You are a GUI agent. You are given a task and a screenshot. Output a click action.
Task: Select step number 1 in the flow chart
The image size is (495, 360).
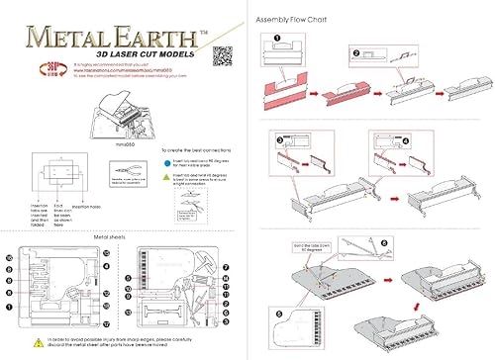(279, 43)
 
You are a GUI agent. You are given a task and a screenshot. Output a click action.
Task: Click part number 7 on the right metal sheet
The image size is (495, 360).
(228, 267)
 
